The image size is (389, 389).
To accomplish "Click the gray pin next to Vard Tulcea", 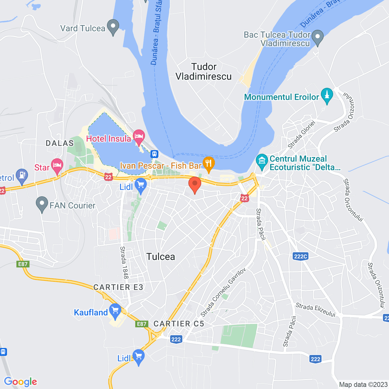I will coord(113,27).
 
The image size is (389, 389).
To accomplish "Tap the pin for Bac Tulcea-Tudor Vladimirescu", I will coord(318,37).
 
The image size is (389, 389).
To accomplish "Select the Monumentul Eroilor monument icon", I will coord(327,95).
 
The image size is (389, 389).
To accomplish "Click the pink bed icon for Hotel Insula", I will coord(139,137).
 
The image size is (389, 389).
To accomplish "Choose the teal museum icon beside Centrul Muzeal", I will coord(262,162).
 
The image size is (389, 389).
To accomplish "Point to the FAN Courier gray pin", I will coord(42,204).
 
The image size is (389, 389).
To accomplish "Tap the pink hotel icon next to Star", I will coord(57,166).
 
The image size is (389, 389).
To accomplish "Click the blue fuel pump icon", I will coord(22,176).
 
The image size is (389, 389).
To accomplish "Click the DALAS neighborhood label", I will coord(60,143).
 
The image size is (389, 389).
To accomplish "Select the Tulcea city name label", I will coord(161,257).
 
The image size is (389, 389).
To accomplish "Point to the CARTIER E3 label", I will coord(118,287).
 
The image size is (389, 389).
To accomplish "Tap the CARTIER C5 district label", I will coord(179,324).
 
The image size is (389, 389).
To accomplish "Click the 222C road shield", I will coord(301,256).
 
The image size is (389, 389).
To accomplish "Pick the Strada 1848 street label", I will coord(124,262).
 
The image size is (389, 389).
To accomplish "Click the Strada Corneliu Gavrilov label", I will coord(223,292).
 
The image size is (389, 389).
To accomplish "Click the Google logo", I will coord(21,382).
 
